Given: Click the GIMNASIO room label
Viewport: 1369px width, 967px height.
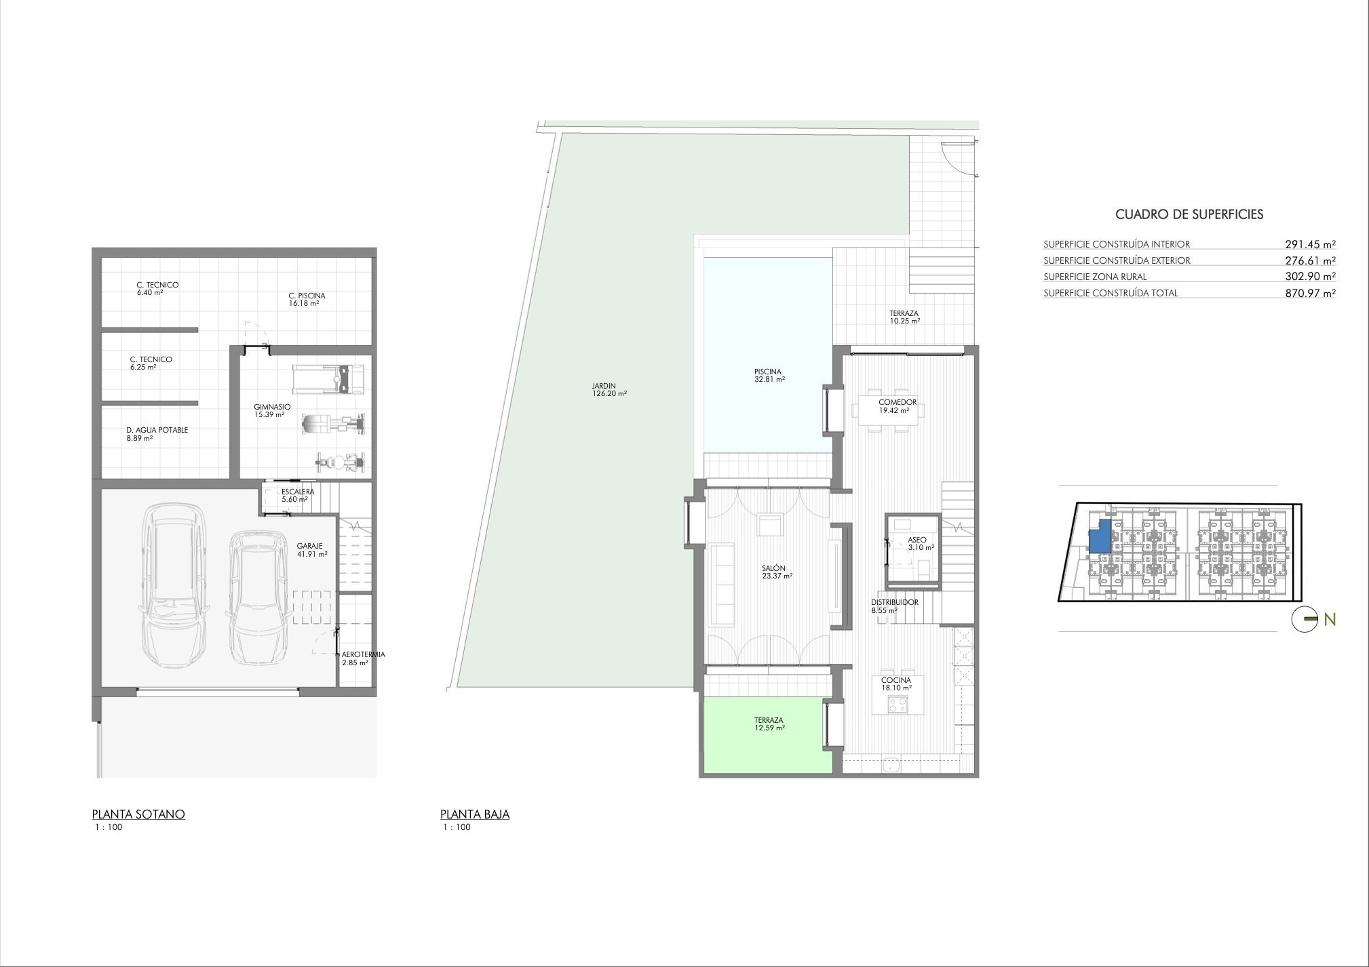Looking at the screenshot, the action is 273,407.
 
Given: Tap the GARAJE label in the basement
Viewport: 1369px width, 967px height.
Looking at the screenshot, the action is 309,545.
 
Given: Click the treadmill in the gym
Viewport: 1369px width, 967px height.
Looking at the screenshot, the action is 328,379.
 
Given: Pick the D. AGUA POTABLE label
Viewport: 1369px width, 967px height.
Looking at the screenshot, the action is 157,430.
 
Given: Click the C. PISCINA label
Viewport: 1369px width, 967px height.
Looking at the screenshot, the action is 307,296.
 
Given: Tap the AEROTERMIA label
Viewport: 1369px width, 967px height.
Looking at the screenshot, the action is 364,654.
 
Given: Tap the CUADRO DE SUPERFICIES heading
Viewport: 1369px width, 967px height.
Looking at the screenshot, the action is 1189,214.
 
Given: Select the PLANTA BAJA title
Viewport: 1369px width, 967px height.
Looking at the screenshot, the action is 475,814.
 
